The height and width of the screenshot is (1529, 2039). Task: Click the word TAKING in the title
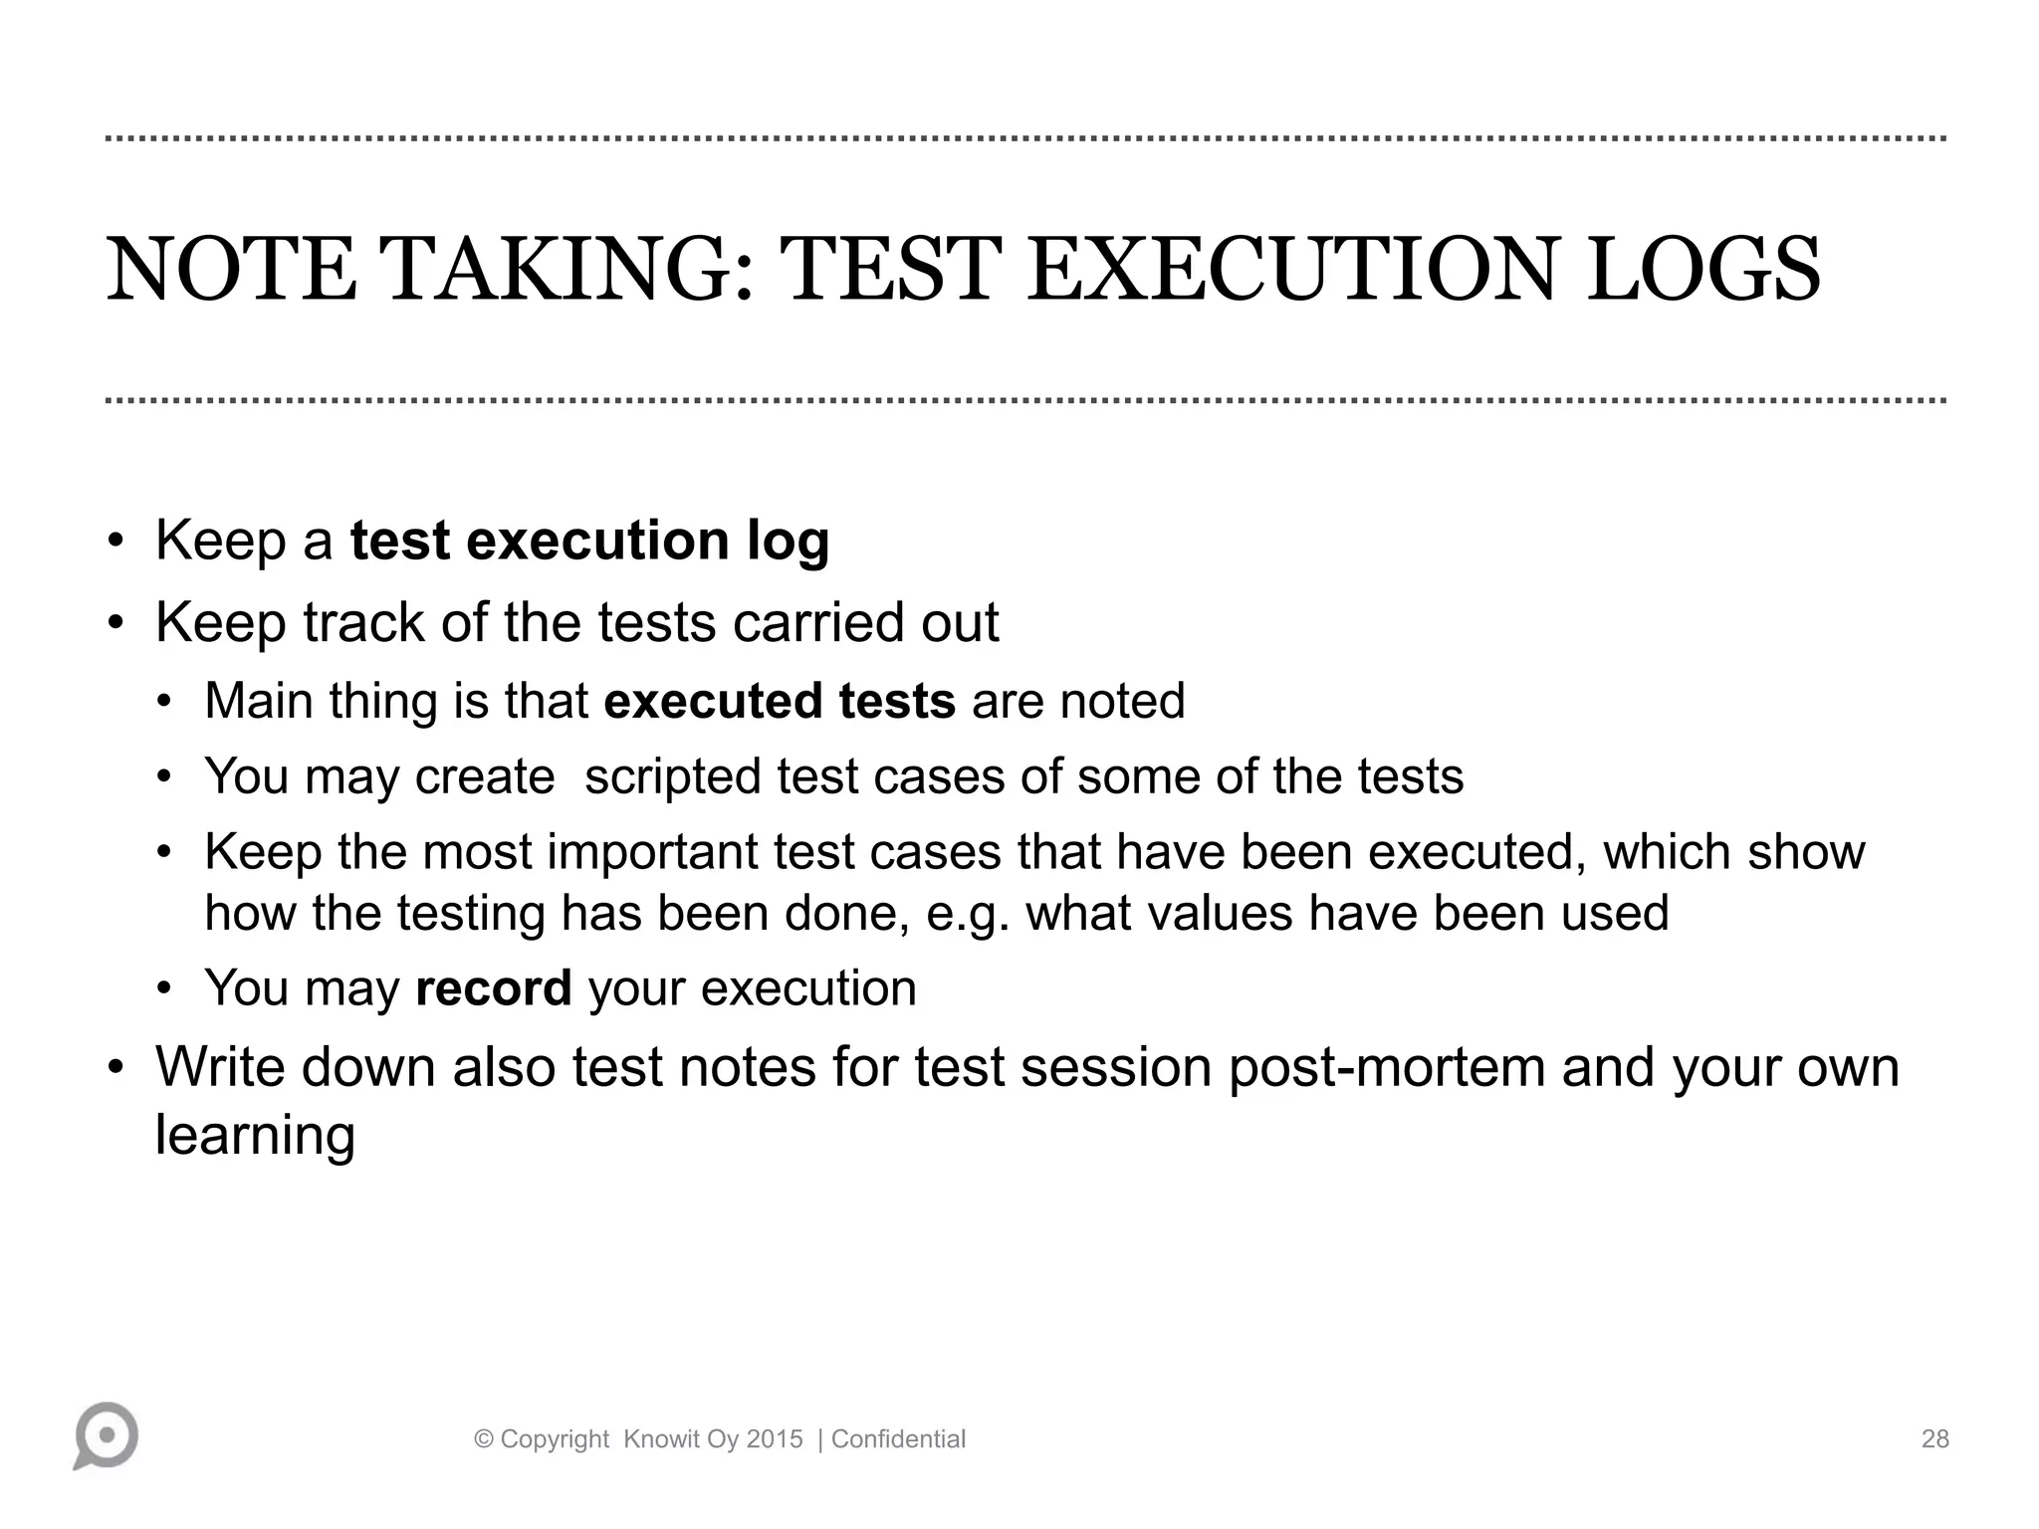point(567,271)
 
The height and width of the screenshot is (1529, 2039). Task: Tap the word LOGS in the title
point(1703,271)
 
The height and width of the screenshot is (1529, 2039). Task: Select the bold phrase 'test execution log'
point(589,541)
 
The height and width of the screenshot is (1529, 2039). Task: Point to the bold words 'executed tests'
point(780,701)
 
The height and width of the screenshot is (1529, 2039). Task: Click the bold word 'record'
point(493,988)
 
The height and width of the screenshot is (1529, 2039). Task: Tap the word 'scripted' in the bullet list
point(672,776)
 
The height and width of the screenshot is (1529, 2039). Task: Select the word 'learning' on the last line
point(255,1135)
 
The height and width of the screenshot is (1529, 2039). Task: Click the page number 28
point(1934,1439)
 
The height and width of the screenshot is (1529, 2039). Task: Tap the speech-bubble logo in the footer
point(106,1435)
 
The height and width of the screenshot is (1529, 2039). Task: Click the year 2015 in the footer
point(774,1439)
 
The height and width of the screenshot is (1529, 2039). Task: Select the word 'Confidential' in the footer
point(898,1439)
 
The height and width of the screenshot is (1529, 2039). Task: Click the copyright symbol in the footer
point(484,1439)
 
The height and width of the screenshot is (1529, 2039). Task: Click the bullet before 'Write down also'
point(116,1068)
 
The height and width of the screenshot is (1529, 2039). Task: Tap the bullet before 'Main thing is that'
point(165,702)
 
